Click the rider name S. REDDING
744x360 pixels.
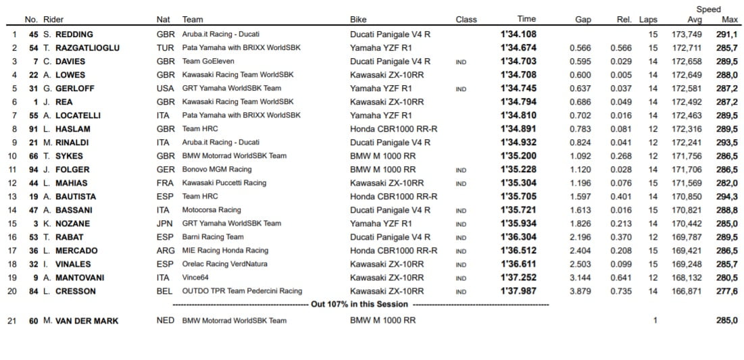pos(68,34)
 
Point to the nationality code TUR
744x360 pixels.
pos(165,48)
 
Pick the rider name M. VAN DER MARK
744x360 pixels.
pos(80,321)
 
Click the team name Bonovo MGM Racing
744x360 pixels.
pos(216,170)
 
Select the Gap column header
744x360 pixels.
pos(583,20)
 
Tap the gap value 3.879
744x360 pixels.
pos(580,291)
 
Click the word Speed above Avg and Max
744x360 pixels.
pos(709,9)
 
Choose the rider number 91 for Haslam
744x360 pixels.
pos(32,129)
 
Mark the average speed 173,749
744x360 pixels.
pos(686,34)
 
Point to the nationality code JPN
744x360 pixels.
pos(165,224)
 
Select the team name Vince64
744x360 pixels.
pos(197,278)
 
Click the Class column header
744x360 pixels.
pos(466,20)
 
